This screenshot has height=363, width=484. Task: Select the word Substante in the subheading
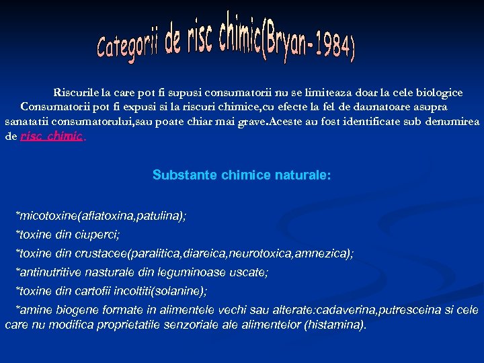(x=177, y=175)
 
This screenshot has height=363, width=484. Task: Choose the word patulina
(x=159, y=216)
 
